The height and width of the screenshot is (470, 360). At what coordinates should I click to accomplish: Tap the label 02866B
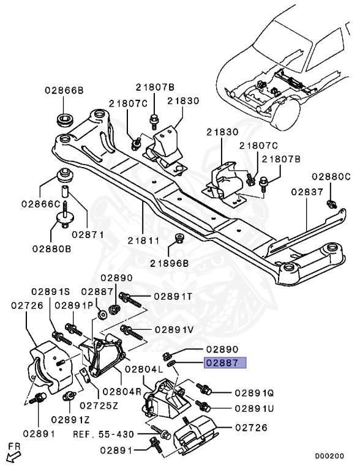[64, 90]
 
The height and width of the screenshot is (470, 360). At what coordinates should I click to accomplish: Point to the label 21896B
[168, 263]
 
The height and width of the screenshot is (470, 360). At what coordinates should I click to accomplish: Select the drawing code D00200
[329, 456]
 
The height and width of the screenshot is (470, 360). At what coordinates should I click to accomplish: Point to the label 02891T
[173, 297]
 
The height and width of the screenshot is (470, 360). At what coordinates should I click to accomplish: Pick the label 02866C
[40, 203]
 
